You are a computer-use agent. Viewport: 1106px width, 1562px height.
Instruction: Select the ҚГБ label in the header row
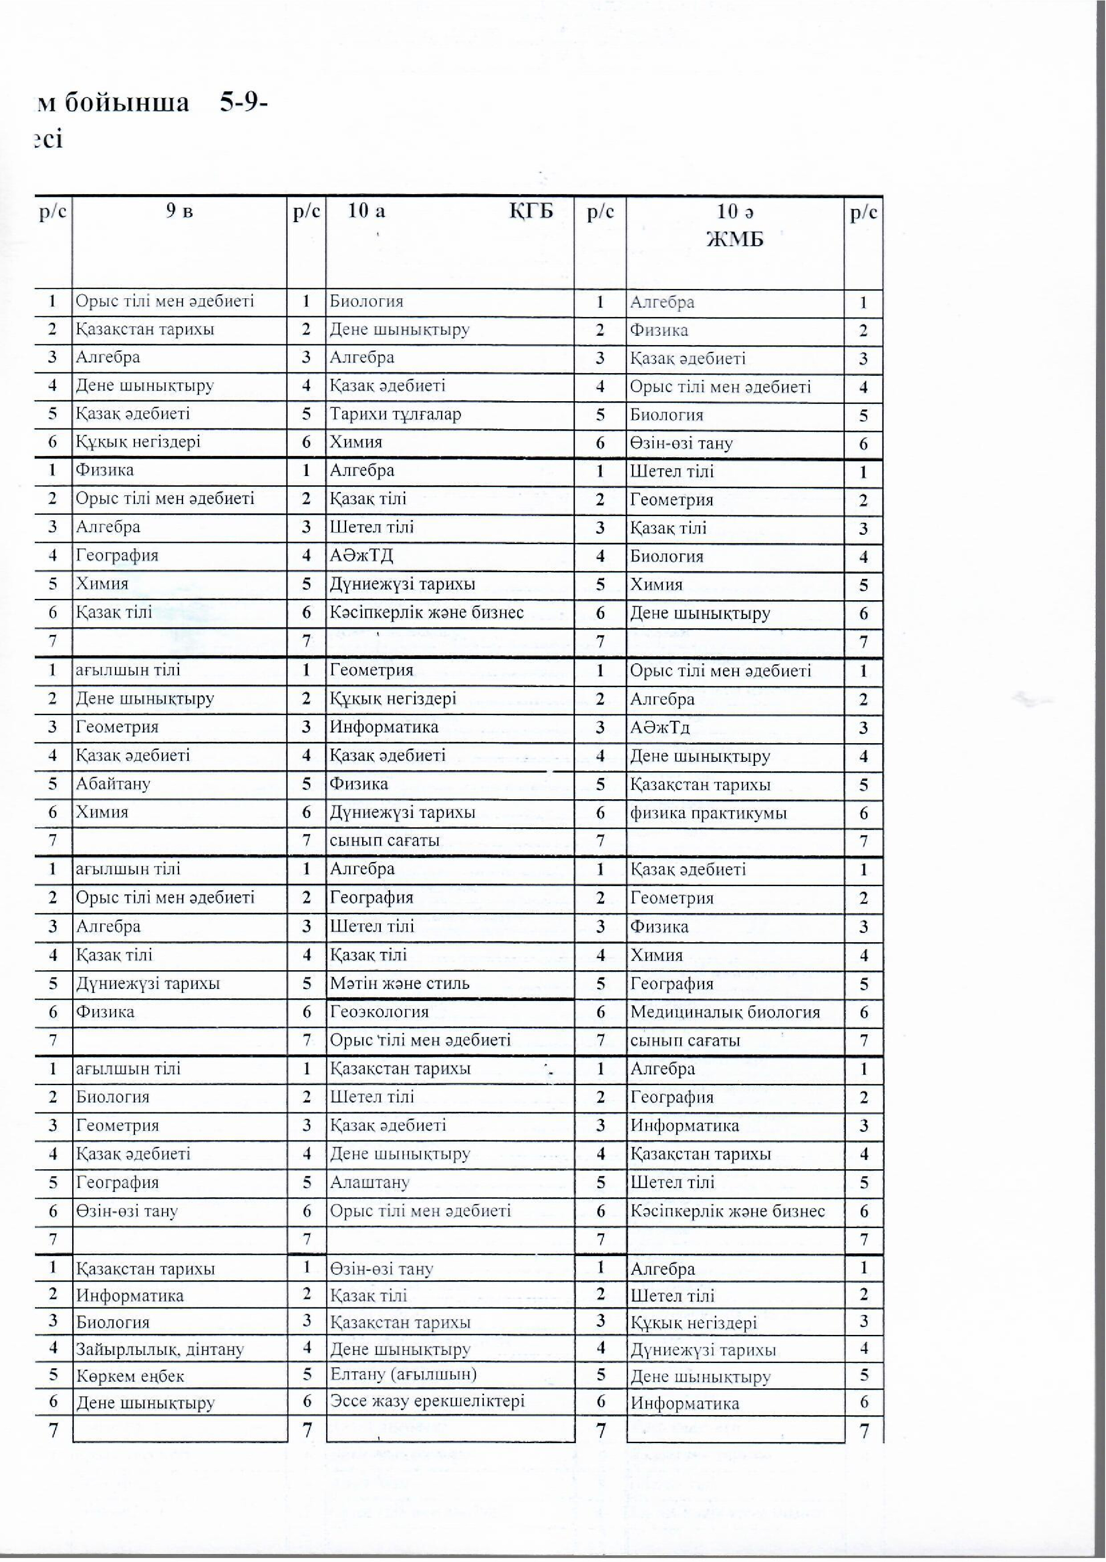tap(531, 211)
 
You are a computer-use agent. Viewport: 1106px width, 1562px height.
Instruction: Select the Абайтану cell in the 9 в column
tap(113, 783)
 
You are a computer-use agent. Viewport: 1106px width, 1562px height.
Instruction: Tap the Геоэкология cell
tap(380, 1011)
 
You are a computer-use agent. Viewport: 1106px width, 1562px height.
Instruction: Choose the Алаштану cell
tap(370, 1182)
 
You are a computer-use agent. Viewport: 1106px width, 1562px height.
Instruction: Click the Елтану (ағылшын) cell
tap(403, 1374)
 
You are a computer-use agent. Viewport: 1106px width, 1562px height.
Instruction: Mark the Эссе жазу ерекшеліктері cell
tap(427, 1401)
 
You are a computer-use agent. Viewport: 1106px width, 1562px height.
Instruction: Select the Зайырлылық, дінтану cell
tap(160, 1349)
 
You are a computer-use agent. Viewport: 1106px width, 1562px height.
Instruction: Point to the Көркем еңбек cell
tap(130, 1375)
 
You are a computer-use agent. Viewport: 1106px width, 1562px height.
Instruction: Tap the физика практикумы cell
tap(708, 813)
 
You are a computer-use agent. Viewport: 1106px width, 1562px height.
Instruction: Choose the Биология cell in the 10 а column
tap(367, 301)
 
